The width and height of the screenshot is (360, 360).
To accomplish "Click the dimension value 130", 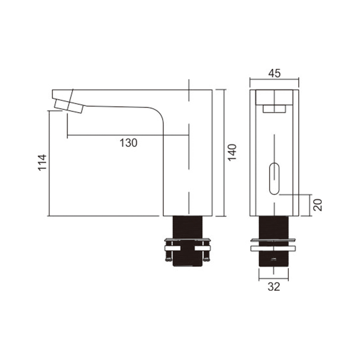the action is click(x=128, y=143).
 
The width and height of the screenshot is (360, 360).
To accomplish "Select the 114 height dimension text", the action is click(x=42, y=162).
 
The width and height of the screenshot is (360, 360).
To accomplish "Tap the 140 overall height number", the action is click(x=232, y=153).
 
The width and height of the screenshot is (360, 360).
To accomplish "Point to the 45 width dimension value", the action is click(x=274, y=73).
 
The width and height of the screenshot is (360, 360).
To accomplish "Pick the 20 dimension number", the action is click(x=318, y=205).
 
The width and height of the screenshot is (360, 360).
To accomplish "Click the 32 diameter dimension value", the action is click(x=274, y=287).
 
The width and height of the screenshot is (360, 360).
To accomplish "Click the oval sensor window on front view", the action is click(x=274, y=178).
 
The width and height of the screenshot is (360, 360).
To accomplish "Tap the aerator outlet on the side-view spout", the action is click(x=68, y=106).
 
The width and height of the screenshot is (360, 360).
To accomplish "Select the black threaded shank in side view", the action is click(x=187, y=241).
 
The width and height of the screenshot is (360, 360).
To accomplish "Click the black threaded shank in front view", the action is click(x=274, y=241).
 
